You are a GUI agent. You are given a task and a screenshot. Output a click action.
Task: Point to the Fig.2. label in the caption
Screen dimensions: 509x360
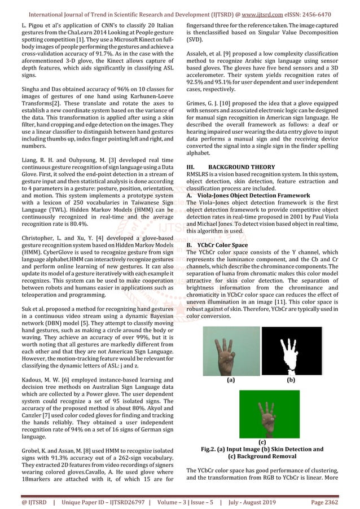[211, 449]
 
